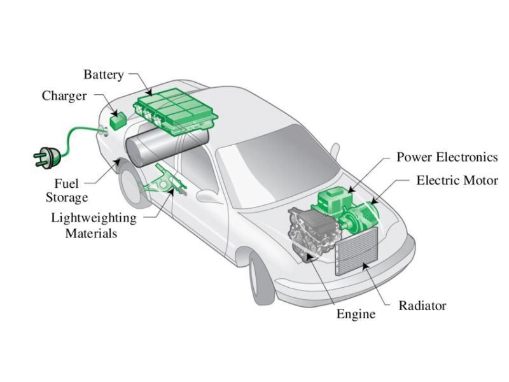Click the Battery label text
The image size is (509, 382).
(x=104, y=75)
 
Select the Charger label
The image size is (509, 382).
(x=64, y=96)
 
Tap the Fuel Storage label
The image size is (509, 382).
(x=66, y=191)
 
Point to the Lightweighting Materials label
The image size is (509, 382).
(x=94, y=225)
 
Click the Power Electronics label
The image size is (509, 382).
(x=447, y=157)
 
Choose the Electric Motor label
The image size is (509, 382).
(x=457, y=181)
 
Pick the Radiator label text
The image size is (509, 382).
(x=422, y=306)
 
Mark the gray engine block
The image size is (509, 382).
(x=310, y=232)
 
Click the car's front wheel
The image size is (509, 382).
(x=261, y=278)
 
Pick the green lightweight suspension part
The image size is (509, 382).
(x=162, y=187)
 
